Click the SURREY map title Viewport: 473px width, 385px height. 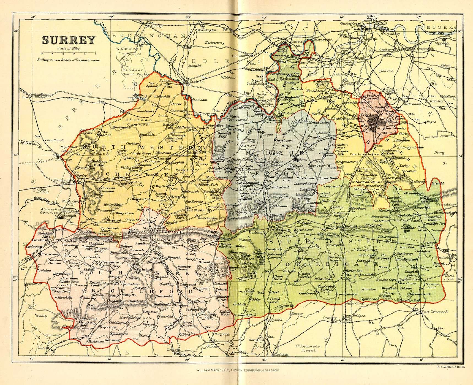click(69, 40)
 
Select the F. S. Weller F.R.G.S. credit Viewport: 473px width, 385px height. click(451, 378)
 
